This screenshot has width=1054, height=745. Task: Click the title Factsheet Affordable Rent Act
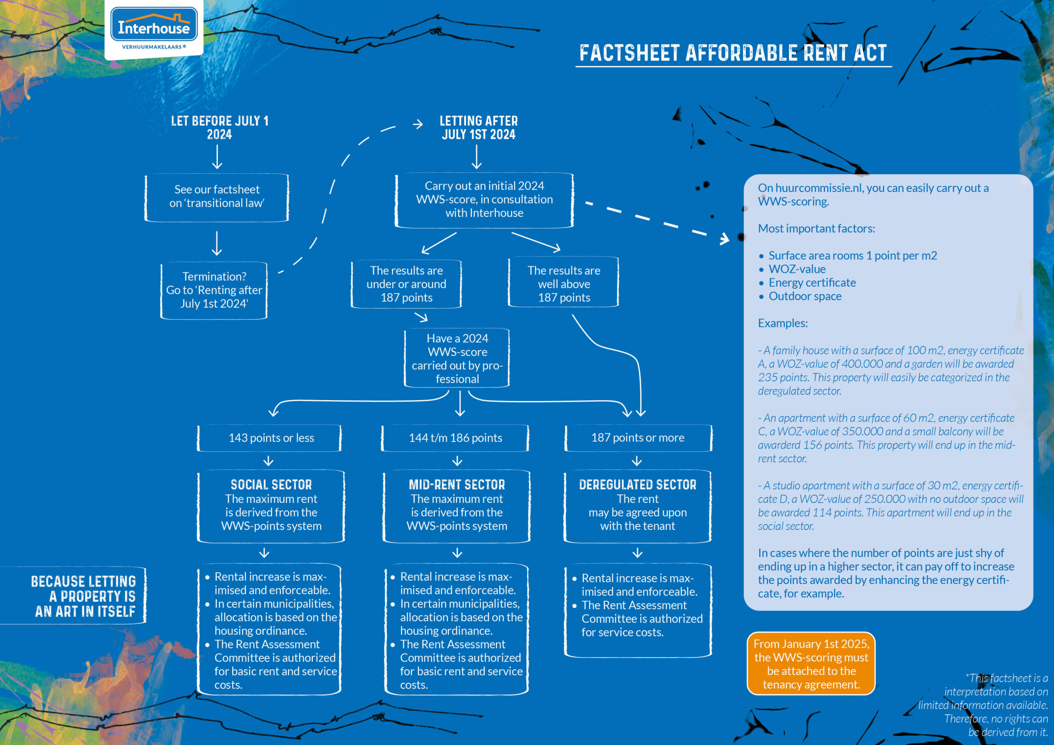[x=733, y=53]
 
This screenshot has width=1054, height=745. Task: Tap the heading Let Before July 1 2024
[x=219, y=128]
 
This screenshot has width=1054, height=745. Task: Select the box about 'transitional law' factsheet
[x=217, y=196]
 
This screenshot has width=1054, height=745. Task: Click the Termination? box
[x=214, y=290]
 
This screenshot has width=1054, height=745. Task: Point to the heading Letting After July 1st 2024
[x=478, y=128]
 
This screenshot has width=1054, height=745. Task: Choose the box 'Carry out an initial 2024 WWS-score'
[x=484, y=200]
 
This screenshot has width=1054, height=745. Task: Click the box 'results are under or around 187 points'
[x=406, y=284]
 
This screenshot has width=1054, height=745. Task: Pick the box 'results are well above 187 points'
[x=564, y=284]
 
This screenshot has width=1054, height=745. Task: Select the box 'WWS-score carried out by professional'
[x=457, y=359]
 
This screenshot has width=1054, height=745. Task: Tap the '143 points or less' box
[x=271, y=438]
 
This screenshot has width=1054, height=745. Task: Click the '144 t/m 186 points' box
[x=455, y=438]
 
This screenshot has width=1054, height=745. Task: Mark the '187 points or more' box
[x=638, y=438]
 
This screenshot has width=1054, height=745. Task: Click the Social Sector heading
[x=271, y=485]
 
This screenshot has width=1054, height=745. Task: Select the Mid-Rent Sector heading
[x=457, y=485]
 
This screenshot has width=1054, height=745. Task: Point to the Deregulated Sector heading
[x=638, y=485]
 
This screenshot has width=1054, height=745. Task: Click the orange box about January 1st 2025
[x=811, y=664]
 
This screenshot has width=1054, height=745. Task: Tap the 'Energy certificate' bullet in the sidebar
[x=811, y=283]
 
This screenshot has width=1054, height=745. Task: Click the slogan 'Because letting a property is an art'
[x=84, y=596]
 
